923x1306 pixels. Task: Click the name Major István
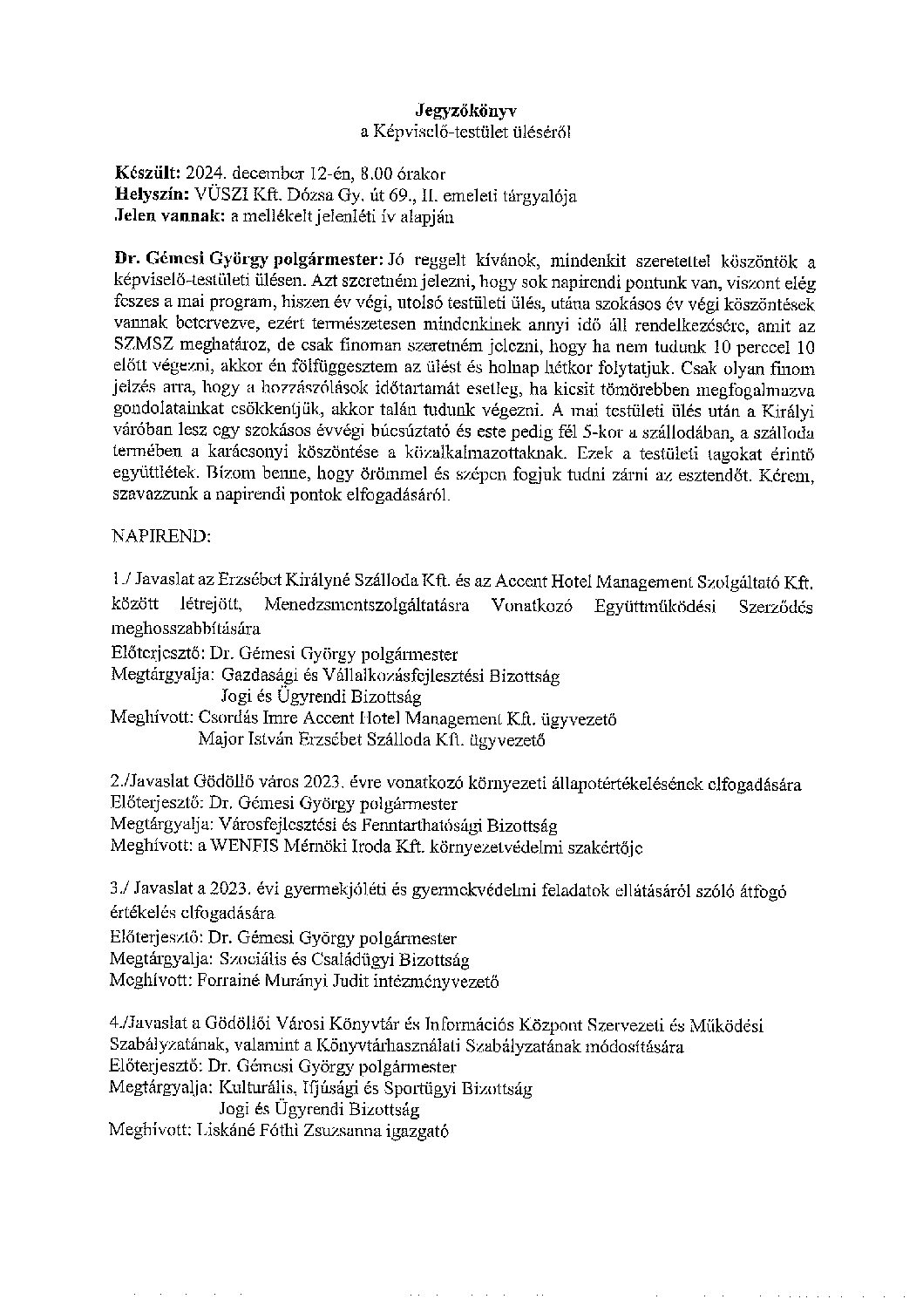(x=238, y=741)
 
